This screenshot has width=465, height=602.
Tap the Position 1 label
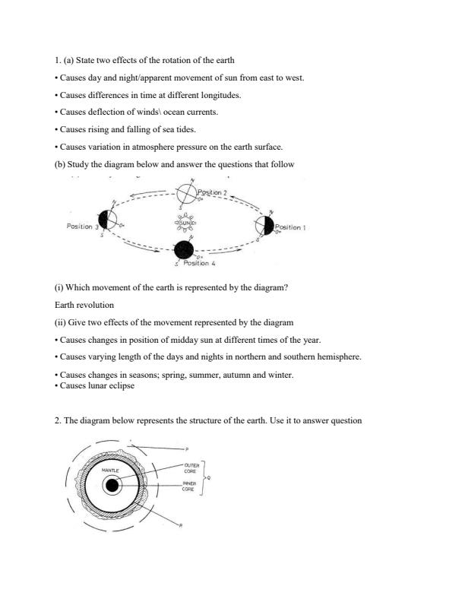tap(289, 227)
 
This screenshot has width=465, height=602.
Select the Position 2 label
tap(212, 192)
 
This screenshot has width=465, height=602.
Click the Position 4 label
tap(199, 263)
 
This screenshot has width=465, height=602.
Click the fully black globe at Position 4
tap(184, 249)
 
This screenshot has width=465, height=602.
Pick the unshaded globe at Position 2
tap(186, 195)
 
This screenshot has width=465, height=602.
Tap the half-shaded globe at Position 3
tap(109, 221)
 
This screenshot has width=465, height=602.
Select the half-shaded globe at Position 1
tap(264, 225)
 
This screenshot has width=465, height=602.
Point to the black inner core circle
tap(112, 486)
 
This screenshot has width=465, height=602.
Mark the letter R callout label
tap(180, 526)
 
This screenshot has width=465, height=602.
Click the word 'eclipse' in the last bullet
tap(119, 385)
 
